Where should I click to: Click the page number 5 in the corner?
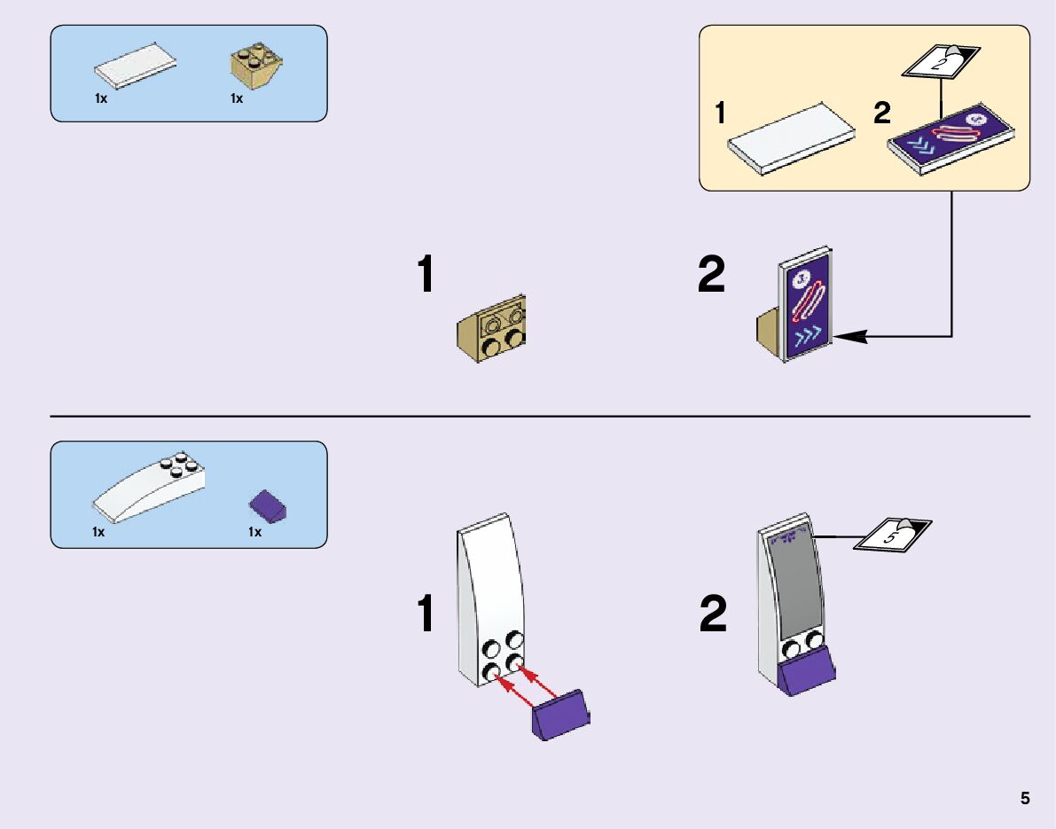click(1025, 798)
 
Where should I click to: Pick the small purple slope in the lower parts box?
click(270, 507)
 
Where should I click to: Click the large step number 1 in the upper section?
click(426, 275)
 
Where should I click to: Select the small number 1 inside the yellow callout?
click(722, 114)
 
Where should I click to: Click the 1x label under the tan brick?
click(237, 99)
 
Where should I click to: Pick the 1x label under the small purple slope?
click(254, 532)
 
